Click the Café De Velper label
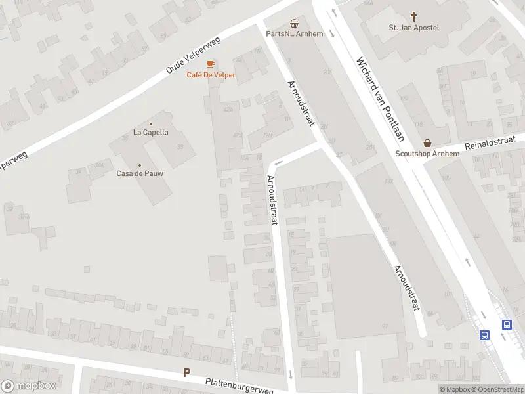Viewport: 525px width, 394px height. [x=211, y=75]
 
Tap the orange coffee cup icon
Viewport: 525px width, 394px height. [x=211, y=64]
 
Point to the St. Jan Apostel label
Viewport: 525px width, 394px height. [x=413, y=28]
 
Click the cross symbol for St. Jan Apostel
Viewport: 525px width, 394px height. [x=414, y=16]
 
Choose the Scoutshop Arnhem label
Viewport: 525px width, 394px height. [x=428, y=154]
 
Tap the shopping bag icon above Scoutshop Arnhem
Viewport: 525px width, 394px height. [x=428, y=142]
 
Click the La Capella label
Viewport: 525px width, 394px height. [x=151, y=132]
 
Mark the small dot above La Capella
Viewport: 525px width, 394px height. [x=151, y=123]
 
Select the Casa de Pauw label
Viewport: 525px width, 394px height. [x=140, y=173]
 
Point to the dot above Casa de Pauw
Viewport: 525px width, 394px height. [x=140, y=165]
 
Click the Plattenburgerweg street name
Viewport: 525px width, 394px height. [x=239, y=385]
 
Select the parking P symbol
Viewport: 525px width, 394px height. [x=186, y=373]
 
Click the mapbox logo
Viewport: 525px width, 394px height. [x=28, y=386]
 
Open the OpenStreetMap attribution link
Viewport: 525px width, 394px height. [x=499, y=389]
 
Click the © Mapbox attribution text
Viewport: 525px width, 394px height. [x=454, y=389]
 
